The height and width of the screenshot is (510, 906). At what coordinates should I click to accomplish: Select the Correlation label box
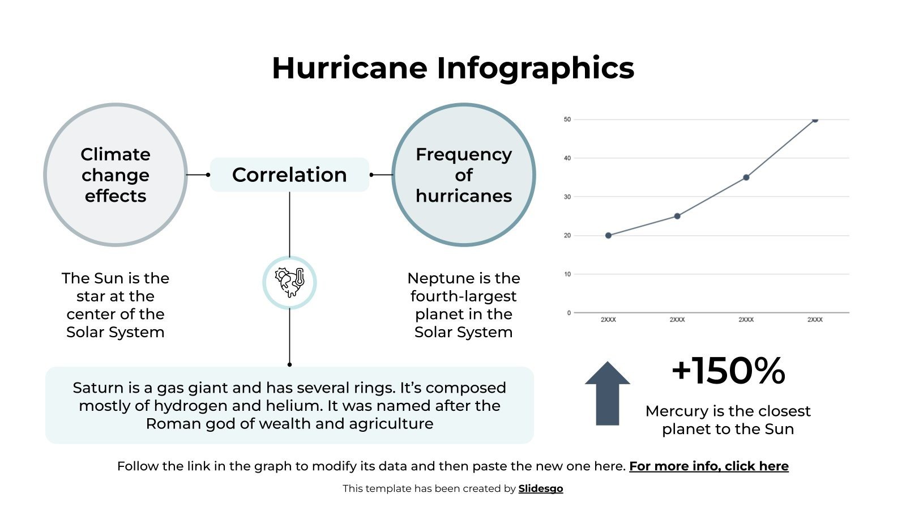pyautogui.click(x=289, y=175)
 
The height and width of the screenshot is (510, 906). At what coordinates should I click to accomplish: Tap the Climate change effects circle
pyautogui.click(x=116, y=175)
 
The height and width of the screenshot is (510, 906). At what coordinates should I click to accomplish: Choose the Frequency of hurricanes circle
pyautogui.click(x=463, y=175)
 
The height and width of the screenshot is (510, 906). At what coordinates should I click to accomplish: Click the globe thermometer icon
pyautogui.click(x=289, y=282)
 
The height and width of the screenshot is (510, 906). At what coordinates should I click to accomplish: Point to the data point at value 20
pyautogui.click(x=608, y=235)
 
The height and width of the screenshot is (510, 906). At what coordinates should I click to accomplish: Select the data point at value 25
pyautogui.click(x=677, y=216)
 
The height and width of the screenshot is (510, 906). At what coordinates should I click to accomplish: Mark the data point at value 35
pyautogui.click(x=746, y=177)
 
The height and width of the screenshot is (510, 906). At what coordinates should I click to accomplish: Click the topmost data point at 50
pyautogui.click(x=815, y=120)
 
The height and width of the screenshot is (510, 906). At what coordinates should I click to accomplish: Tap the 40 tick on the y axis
pyautogui.click(x=567, y=158)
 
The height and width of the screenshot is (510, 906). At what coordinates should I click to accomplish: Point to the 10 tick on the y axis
pyautogui.click(x=567, y=274)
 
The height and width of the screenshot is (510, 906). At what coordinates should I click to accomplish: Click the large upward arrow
pyautogui.click(x=607, y=393)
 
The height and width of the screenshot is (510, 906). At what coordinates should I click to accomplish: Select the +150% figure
pyautogui.click(x=728, y=371)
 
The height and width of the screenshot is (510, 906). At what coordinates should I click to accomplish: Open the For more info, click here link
pyautogui.click(x=708, y=466)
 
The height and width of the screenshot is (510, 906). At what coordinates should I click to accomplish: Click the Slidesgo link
pyautogui.click(x=540, y=488)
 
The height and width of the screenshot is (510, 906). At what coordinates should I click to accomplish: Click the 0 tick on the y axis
pyautogui.click(x=569, y=313)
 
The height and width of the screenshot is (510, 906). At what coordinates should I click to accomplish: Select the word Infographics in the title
pyautogui.click(x=535, y=68)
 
